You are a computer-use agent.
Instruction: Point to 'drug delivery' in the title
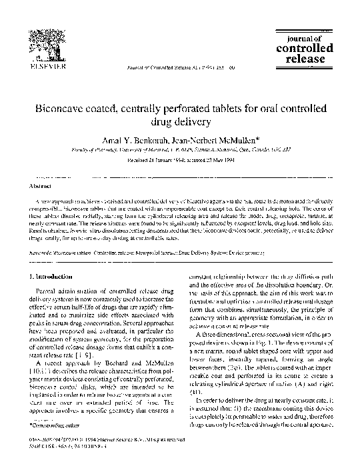pyautogui.click(x=179, y=122)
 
